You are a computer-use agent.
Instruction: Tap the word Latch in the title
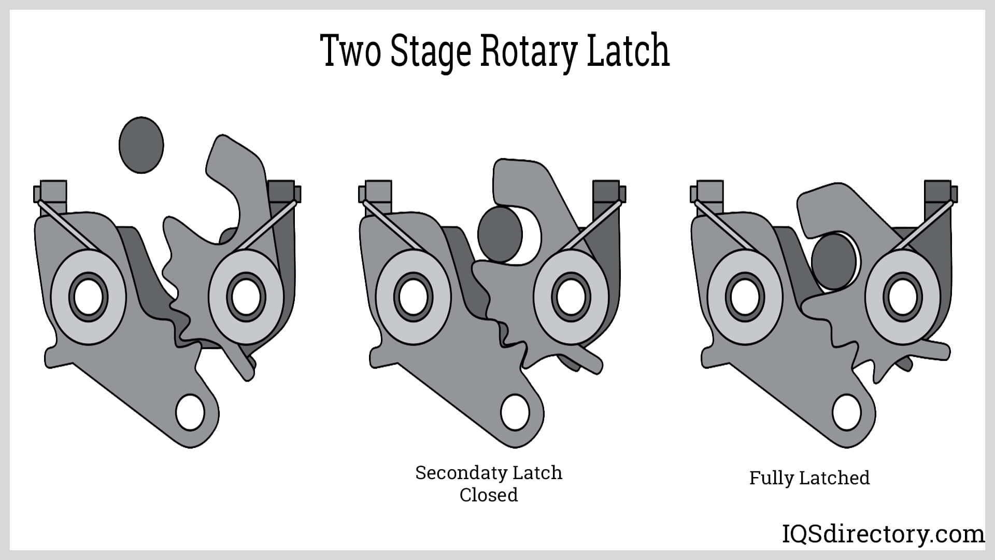point(628,51)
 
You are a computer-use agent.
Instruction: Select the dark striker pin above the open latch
point(141,145)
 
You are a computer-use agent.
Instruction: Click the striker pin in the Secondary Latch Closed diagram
point(500,234)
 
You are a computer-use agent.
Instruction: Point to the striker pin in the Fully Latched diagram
point(833,261)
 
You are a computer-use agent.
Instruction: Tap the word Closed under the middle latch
point(488,495)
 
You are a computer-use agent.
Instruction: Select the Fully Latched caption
point(809,478)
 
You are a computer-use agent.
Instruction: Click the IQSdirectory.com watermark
point(883,534)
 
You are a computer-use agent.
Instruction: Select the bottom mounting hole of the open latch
point(190,412)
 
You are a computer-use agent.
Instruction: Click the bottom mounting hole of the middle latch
point(515,412)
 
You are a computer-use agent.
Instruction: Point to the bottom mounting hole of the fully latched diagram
point(847,412)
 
